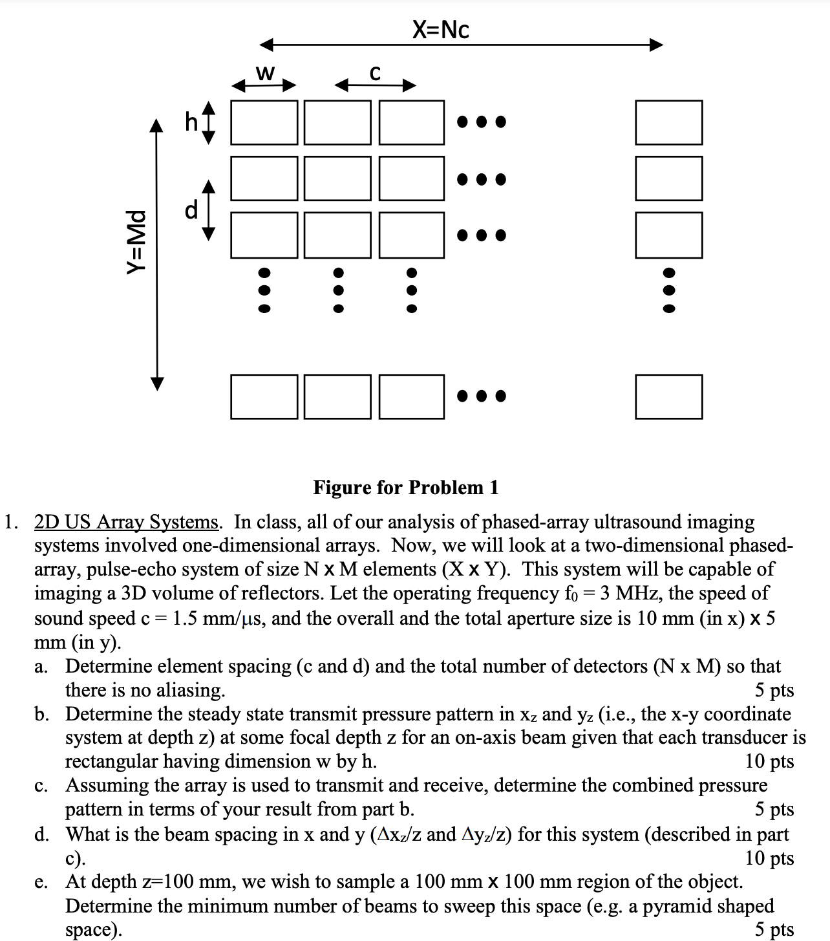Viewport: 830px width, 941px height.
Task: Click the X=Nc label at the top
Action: point(441,29)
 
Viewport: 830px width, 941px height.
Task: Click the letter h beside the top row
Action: point(191,122)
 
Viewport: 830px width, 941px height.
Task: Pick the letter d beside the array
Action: point(191,210)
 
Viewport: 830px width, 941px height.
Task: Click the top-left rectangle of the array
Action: point(264,122)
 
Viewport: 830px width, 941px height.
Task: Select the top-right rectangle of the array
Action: point(668,122)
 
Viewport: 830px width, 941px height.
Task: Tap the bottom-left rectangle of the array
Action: point(264,396)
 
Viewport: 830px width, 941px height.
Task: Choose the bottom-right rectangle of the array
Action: point(668,396)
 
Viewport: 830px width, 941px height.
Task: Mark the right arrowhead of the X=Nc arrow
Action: point(656,45)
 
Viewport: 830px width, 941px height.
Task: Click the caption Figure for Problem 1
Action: point(406,487)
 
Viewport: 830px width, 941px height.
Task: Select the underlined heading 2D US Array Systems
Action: point(127,522)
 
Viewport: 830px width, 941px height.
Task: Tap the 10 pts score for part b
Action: point(769,761)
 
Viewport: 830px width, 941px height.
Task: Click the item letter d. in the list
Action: point(43,834)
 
